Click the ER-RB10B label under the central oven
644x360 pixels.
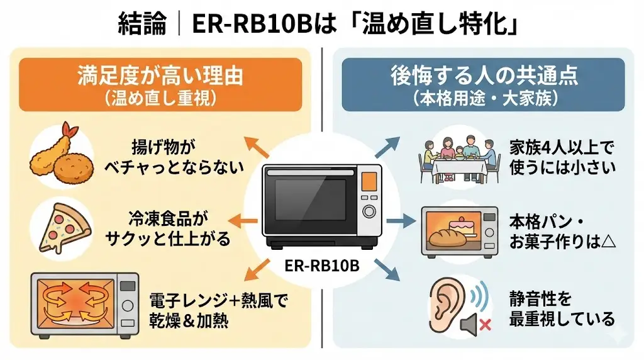click(322, 265)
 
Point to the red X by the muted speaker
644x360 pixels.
click(485, 325)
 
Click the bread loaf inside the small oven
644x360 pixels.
click(448, 237)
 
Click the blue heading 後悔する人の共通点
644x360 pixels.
click(484, 77)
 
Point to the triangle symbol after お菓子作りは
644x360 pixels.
click(608, 242)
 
